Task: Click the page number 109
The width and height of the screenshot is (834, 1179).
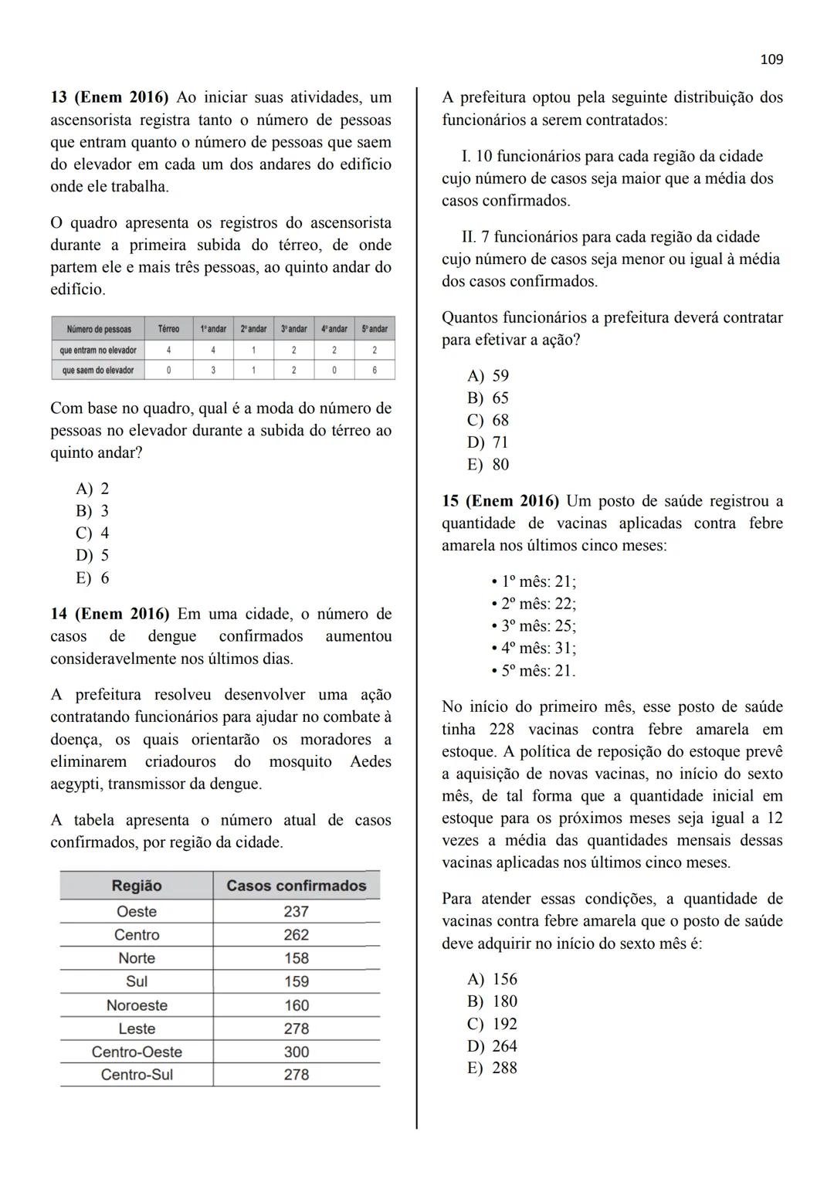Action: tap(771, 59)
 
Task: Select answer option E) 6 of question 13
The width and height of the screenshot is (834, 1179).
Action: tap(93, 578)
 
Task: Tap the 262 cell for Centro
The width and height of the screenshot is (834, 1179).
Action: tap(296, 935)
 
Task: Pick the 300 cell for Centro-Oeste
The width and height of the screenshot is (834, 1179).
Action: tap(296, 1052)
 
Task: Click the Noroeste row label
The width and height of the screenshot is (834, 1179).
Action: tap(137, 1005)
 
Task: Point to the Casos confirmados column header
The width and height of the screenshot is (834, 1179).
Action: tap(296, 886)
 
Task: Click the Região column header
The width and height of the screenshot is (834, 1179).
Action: tap(137, 886)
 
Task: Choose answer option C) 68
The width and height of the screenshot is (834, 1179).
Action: tap(488, 420)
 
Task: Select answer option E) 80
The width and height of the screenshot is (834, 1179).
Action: tap(488, 465)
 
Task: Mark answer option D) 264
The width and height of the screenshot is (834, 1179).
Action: tap(492, 1046)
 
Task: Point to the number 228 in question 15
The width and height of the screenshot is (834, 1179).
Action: tap(502, 730)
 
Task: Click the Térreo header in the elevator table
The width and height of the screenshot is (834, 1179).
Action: tap(168, 329)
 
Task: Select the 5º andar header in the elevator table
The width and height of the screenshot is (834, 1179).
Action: tap(375, 329)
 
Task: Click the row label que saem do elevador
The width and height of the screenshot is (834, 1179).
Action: tap(98, 371)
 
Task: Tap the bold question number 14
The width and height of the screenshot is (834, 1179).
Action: tap(58, 615)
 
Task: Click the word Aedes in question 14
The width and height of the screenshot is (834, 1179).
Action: tap(370, 762)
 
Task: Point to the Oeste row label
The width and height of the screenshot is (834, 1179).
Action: tap(137, 912)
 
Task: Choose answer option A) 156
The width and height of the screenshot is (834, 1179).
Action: tap(492, 979)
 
